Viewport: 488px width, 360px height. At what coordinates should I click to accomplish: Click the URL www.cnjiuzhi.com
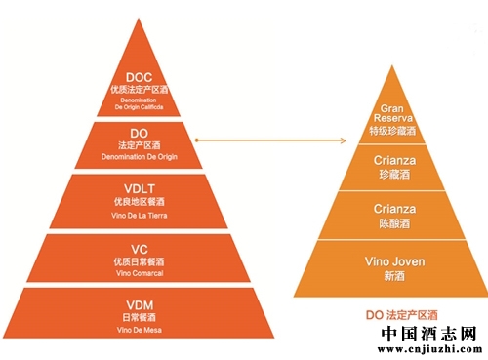click(x=429, y=351)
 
